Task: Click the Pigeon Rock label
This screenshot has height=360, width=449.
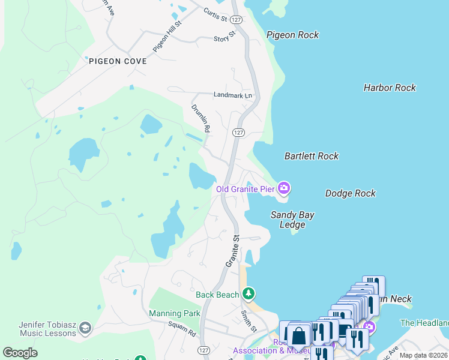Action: [x=293, y=35]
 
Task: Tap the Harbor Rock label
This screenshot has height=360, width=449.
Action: [x=390, y=88]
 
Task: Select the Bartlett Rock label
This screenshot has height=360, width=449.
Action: [x=312, y=156]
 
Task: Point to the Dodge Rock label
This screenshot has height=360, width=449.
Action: [x=351, y=193]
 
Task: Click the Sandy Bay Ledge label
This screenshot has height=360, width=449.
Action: [x=292, y=220]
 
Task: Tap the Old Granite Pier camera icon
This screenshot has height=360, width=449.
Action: [x=284, y=189]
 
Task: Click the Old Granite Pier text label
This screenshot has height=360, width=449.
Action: [x=246, y=189]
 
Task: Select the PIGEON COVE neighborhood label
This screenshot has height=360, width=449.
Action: [x=118, y=61]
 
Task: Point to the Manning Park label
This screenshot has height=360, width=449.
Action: [x=174, y=313]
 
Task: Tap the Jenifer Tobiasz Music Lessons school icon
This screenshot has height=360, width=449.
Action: [x=85, y=328]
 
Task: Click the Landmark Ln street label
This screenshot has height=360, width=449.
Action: [x=234, y=95]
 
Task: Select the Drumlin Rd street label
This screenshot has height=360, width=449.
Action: [x=200, y=118]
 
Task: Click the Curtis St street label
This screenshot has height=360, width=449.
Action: [x=215, y=14]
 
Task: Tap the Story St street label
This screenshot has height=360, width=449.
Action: [x=224, y=39]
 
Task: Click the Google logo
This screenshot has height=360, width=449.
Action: [x=20, y=353]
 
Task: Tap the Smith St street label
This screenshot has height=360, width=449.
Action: [x=249, y=321]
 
